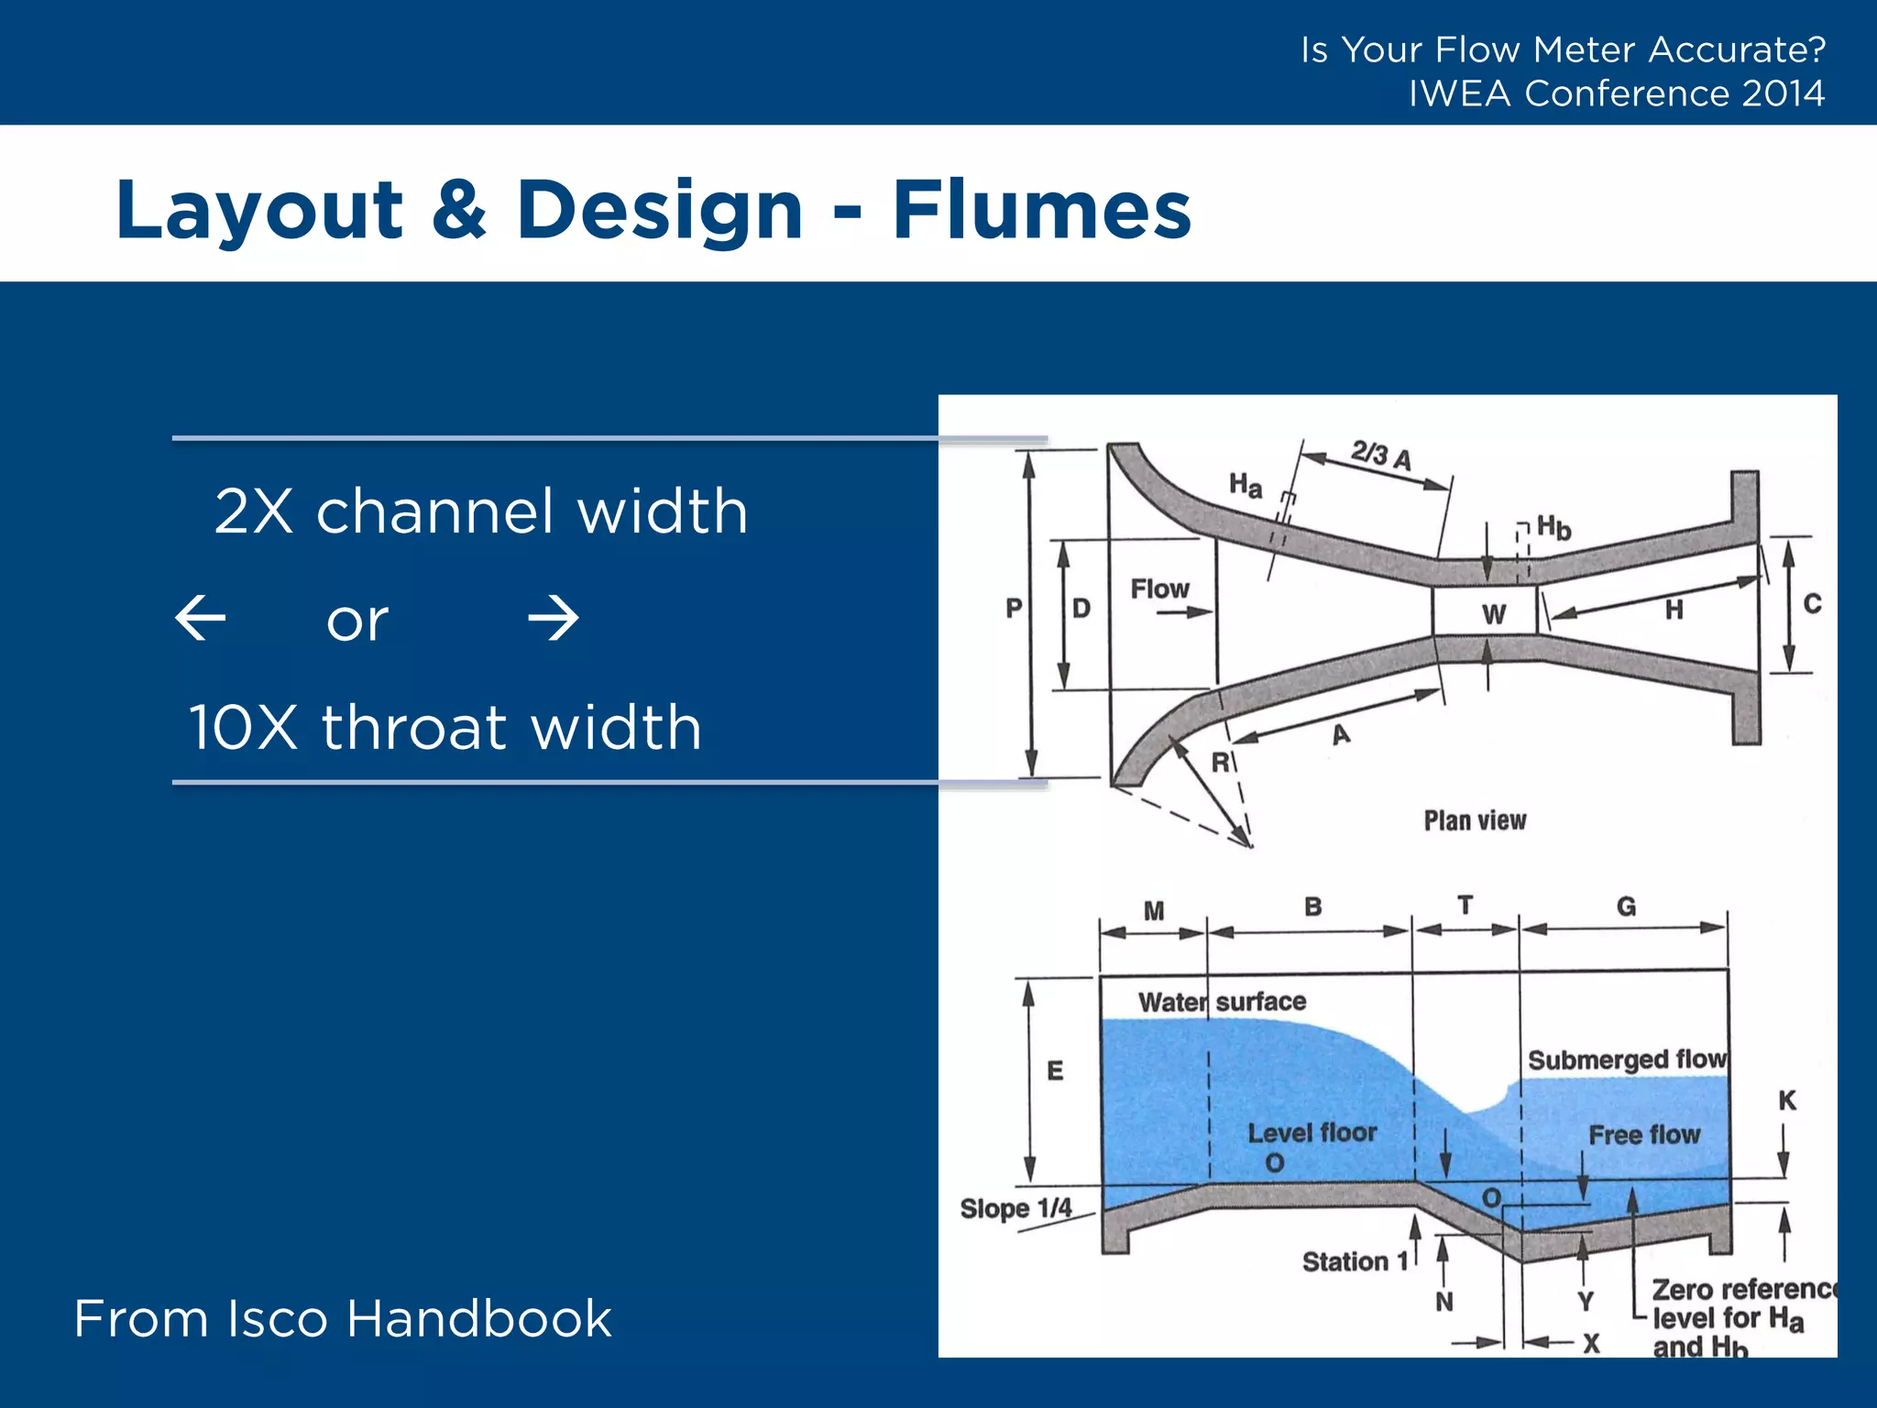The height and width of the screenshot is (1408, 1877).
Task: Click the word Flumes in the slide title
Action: pos(1041,210)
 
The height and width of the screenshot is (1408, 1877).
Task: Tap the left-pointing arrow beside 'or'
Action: pos(201,618)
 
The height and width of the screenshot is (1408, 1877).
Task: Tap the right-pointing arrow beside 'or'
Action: pos(554,618)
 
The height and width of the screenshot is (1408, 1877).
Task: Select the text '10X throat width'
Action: pos(445,728)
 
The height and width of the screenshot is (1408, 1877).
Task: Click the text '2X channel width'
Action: pos(481,511)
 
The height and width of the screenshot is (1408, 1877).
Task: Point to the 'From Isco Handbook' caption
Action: pos(343,1319)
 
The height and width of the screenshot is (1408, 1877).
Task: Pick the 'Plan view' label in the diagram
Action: pos(1475,820)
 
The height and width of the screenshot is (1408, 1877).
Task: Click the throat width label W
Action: pos(1494,614)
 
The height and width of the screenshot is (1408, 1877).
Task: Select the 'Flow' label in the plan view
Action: pos(1159,588)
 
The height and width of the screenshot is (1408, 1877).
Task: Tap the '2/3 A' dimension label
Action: pos(1381,455)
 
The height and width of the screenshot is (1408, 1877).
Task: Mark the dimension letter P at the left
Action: pos(1014,608)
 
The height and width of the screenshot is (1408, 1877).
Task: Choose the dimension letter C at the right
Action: pos(1812,604)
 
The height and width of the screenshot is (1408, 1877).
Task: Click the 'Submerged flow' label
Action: pos(1627,1060)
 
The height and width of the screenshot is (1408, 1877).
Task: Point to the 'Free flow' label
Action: pos(1644,1135)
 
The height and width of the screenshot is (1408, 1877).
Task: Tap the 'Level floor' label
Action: pos(1312,1133)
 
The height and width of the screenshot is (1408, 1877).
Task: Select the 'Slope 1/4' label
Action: pos(1015,1208)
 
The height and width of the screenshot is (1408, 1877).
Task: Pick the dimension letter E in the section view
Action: pos(1055,1071)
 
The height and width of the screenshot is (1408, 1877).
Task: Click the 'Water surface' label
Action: pos(1222,1002)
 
